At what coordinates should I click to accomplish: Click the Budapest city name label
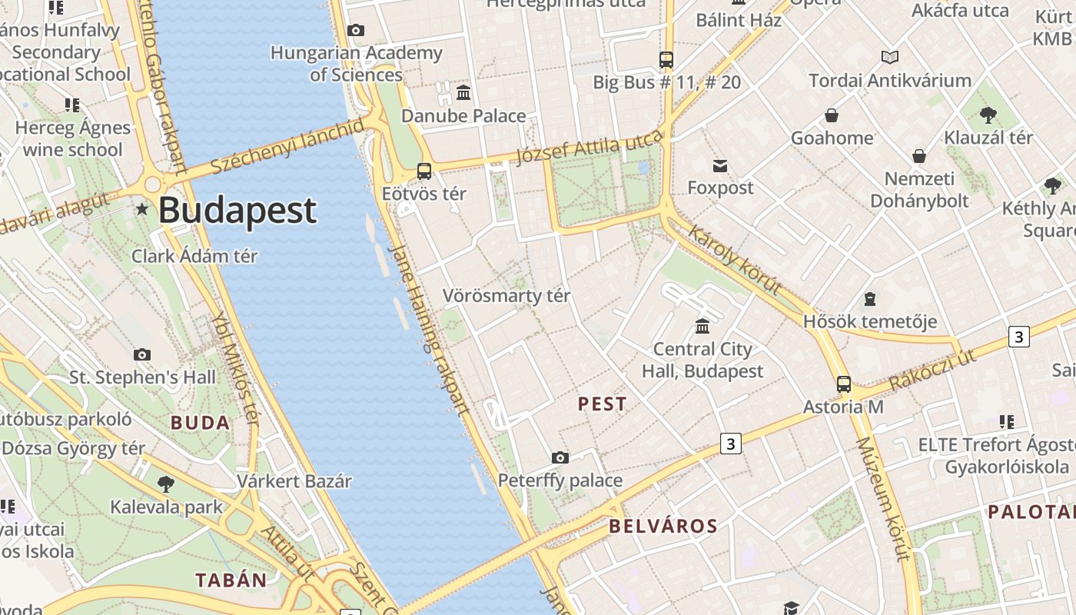[x=237, y=211]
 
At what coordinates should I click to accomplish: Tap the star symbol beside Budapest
[x=142, y=209]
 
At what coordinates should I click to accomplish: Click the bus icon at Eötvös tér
[x=423, y=171]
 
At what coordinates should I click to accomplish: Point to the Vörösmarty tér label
[x=506, y=296]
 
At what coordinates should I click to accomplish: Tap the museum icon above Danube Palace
[x=463, y=93]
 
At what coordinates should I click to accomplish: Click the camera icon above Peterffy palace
[x=560, y=458]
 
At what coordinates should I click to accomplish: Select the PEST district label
[x=603, y=404]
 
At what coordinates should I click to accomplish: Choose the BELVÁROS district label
[x=663, y=527]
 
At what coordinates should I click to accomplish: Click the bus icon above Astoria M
[x=843, y=384]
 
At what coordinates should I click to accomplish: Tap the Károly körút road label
[x=735, y=260]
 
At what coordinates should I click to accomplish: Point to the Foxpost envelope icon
[x=720, y=166]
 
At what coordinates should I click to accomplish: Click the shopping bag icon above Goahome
[x=832, y=116]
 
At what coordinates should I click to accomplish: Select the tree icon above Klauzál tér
[x=988, y=115]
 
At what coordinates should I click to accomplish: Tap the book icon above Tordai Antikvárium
[x=890, y=58]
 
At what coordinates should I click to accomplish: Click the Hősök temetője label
[x=870, y=321]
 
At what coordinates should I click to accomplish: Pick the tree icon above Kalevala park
[x=165, y=484]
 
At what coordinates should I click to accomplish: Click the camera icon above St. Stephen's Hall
[x=142, y=355]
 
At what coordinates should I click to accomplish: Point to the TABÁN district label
[x=231, y=580]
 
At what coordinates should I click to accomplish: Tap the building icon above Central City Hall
[x=702, y=327]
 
